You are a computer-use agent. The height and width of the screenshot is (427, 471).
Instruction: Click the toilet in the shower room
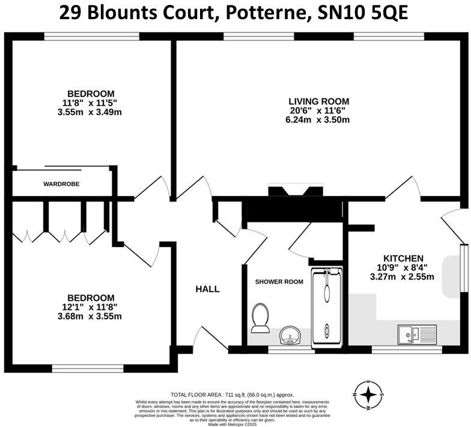coord(261,318)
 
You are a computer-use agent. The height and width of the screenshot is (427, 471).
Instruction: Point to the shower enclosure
coord(326,306)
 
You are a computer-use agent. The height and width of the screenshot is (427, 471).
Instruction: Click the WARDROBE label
coord(61,184)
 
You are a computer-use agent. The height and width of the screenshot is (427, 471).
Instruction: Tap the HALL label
coord(207,289)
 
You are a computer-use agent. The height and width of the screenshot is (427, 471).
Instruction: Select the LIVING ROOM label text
coord(318,101)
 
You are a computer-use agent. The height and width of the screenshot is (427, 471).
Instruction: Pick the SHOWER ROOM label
coord(279,281)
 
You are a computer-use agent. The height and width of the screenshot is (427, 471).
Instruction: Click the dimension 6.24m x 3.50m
coord(318,120)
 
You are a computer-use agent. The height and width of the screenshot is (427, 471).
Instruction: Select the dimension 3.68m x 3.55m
coord(91,317)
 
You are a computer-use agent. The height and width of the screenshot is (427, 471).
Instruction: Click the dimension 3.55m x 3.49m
coord(91,112)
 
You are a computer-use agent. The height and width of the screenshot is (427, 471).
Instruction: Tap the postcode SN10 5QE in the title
coord(360,13)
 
